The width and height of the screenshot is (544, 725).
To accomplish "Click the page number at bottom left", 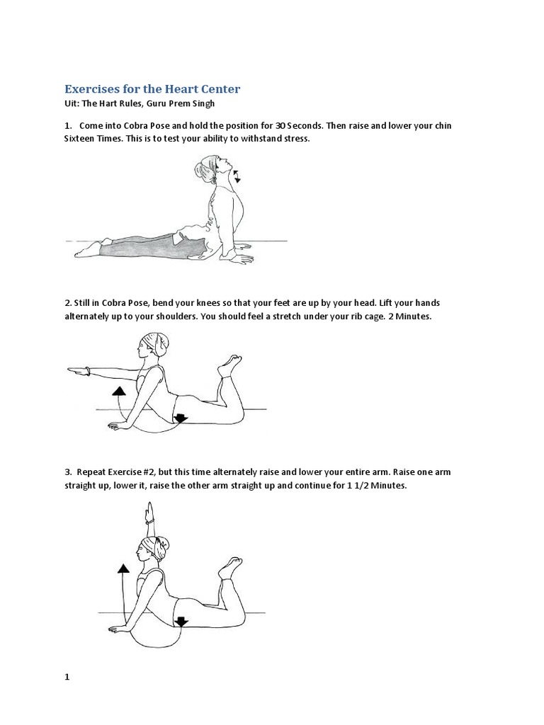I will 68,677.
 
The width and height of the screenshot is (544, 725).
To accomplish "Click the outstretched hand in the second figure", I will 75,370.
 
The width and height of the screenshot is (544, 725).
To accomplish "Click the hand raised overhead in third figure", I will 148,512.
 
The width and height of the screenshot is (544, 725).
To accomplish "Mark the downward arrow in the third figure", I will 181,622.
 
